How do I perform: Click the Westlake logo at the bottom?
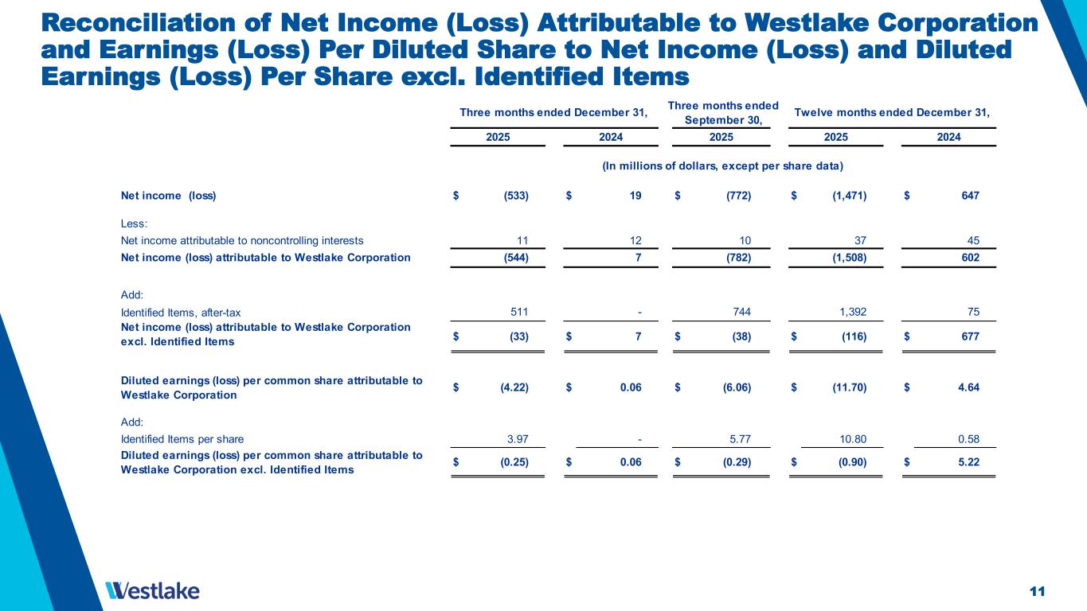[152, 590]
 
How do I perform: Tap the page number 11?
[1036, 590]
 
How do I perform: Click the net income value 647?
[968, 195]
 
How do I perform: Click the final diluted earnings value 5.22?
[966, 463]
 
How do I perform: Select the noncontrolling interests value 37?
[859, 239]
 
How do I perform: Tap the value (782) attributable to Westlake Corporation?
[735, 257]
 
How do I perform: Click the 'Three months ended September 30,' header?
[722, 112]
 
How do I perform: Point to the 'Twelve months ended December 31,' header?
[892, 112]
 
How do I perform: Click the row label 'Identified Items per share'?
[182, 438]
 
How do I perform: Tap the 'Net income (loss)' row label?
[168, 195]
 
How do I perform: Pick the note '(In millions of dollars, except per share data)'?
[723, 165]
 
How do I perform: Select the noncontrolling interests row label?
[241, 239]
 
